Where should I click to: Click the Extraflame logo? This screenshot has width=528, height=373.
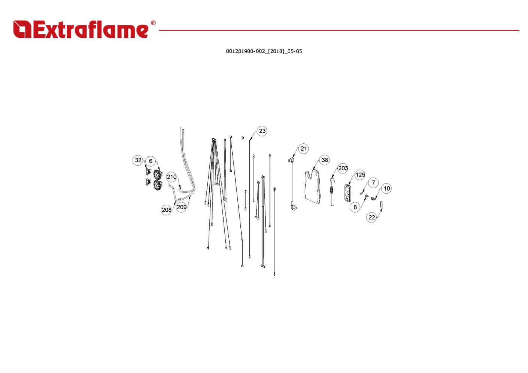click(81, 30)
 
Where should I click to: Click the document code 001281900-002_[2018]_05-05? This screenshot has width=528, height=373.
click(264, 51)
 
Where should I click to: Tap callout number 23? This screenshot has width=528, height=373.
click(262, 131)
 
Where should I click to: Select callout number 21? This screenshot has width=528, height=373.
click(303, 149)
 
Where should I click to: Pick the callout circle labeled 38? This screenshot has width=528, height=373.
click(325, 160)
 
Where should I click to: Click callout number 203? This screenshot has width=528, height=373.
click(343, 168)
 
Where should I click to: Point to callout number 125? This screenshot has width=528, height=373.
click(360, 175)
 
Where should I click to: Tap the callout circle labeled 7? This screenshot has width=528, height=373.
click(373, 183)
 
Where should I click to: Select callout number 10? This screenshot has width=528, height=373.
click(386, 188)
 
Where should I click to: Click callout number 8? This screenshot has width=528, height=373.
click(355, 207)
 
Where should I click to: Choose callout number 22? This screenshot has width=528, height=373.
click(371, 217)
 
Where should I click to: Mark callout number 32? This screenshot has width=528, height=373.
click(138, 160)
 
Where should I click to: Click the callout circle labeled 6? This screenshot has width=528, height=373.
click(151, 161)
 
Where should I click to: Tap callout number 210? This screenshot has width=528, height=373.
click(172, 177)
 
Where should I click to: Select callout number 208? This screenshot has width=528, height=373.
click(166, 210)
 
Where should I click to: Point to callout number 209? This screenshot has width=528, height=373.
click(182, 207)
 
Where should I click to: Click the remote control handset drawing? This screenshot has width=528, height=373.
click(348, 194)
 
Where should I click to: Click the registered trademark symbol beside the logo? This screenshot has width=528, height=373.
click(153, 23)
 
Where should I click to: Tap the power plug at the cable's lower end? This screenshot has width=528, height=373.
click(294, 206)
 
